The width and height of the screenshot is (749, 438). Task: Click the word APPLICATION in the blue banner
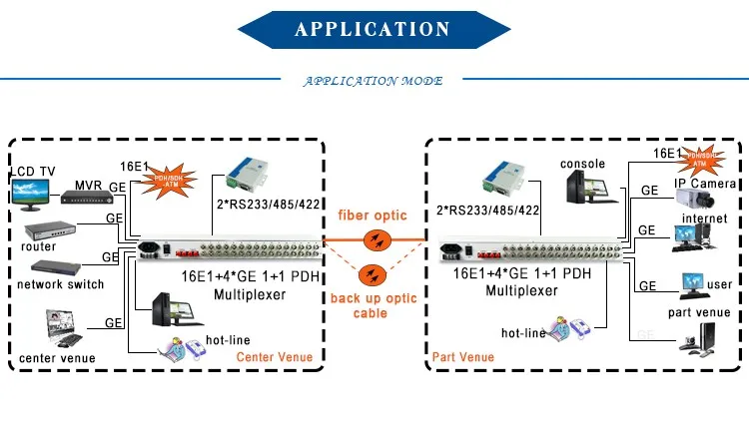[x=373, y=29]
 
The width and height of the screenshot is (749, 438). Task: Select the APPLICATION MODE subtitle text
[x=373, y=82]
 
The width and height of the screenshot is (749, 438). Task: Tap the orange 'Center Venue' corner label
[x=274, y=357]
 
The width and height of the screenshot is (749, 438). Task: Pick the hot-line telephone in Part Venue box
[x=569, y=328]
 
